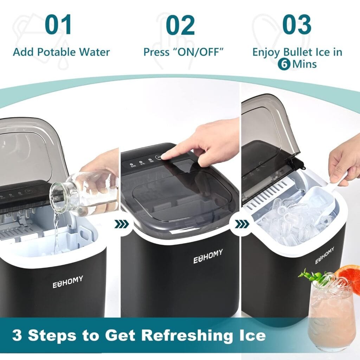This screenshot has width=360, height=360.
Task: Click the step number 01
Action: point(59,25)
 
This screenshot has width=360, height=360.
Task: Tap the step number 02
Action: point(180,25)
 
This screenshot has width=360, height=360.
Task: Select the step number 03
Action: point(297,25)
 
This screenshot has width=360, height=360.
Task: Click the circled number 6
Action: point(284,64)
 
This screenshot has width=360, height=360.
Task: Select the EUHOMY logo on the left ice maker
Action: point(68,282)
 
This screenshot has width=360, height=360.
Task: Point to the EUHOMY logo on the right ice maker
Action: point(324,256)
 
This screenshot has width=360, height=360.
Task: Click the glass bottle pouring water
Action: point(84,192)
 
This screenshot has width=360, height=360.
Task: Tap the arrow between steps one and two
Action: point(123,224)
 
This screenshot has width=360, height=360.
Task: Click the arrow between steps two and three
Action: point(242,224)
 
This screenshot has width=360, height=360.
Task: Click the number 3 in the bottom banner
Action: point(17,335)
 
